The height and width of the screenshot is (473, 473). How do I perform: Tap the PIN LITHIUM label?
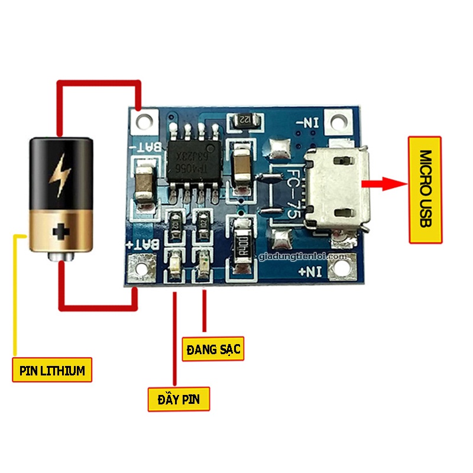point(52,370)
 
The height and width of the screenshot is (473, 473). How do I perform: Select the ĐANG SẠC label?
point(213,348)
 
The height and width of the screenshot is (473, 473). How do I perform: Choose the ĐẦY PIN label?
point(179,399)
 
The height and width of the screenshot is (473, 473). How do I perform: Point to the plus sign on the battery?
point(61,232)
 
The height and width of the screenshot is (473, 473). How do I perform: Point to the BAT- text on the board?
point(145,146)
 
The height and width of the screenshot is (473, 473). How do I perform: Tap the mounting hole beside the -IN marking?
point(338,123)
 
